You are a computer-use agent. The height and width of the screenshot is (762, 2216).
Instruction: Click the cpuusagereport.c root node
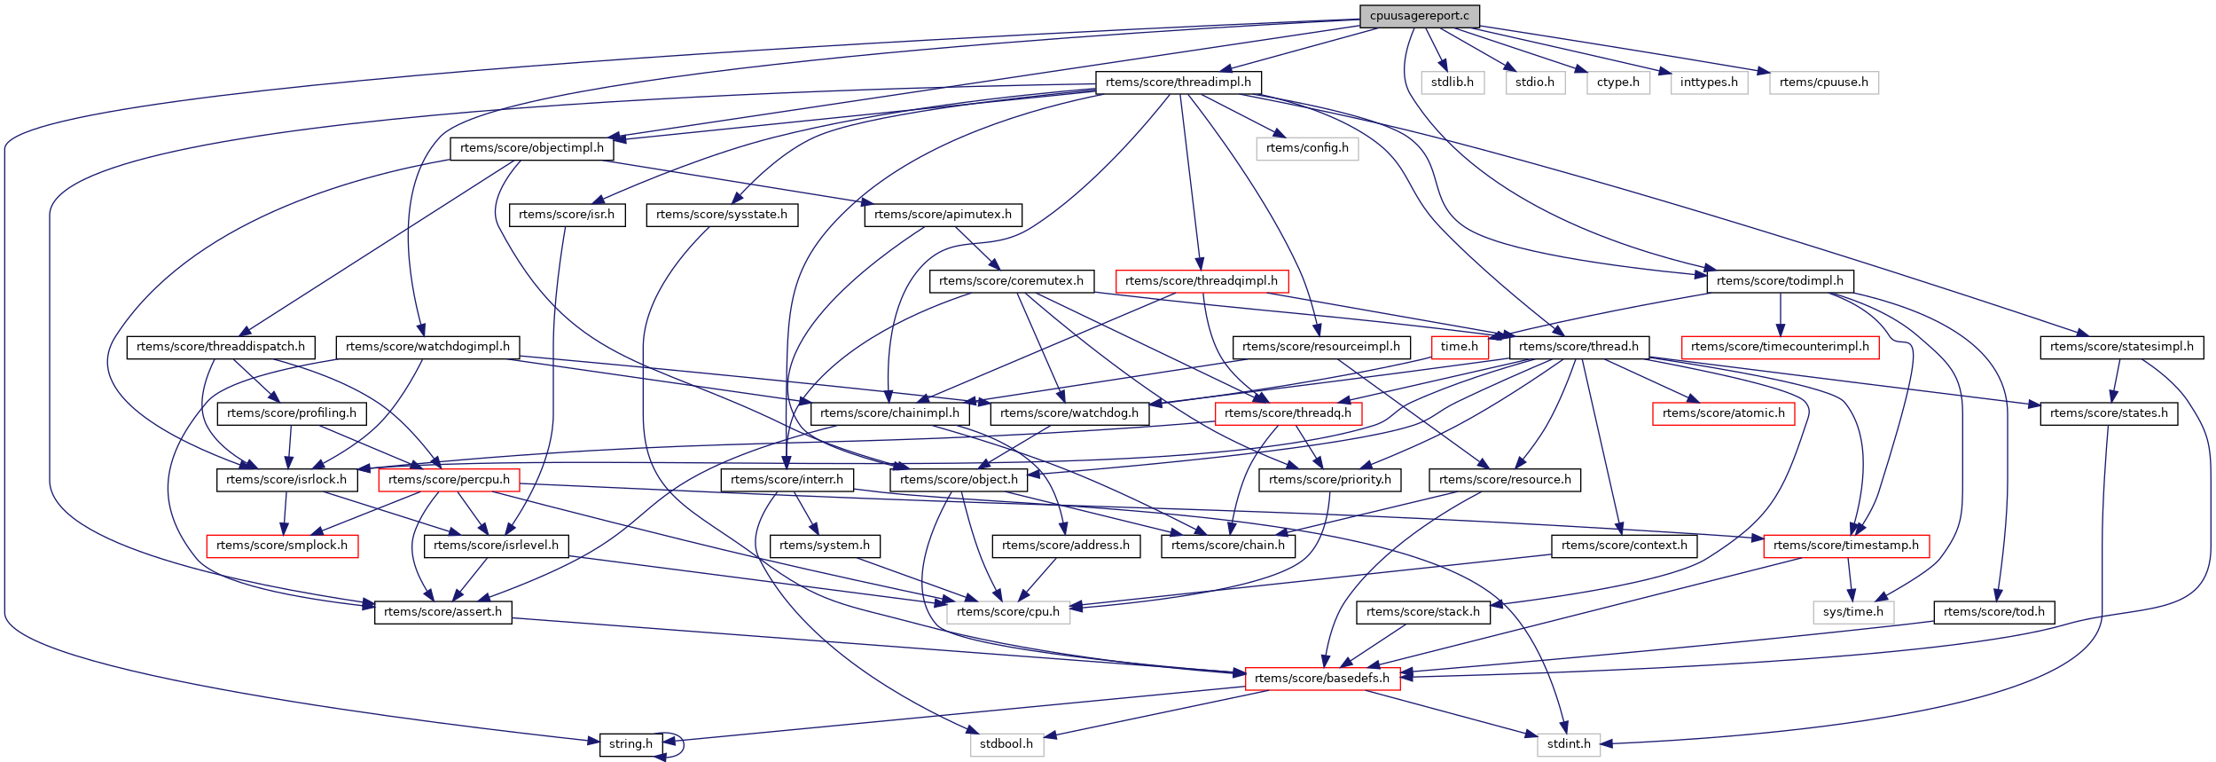(1419, 16)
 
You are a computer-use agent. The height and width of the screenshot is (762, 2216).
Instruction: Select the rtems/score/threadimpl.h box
(1178, 82)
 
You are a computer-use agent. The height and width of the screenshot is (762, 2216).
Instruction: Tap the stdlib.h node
(1453, 82)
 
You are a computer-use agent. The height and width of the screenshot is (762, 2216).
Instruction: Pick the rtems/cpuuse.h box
(1823, 82)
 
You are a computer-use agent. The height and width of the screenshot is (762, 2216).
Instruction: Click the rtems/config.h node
(1307, 148)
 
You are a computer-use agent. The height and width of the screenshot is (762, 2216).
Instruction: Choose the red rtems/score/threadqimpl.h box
(1202, 281)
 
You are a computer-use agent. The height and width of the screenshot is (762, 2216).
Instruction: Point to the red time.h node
(1459, 347)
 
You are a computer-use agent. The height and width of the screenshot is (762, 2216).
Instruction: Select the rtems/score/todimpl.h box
(1780, 281)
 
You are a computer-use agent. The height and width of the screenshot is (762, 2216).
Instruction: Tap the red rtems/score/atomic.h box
(1723, 413)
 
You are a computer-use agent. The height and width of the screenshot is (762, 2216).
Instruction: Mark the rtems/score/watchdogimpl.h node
(427, 347)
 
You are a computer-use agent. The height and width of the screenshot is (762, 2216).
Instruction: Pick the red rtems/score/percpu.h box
(449, 480)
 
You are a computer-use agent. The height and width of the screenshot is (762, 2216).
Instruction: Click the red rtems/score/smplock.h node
(282, 546)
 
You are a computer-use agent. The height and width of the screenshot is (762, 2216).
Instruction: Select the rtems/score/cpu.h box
(1008, 612)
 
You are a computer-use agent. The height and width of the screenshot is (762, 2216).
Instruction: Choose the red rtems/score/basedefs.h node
(1322, 679)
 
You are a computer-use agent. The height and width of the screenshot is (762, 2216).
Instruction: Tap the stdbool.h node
(1006, 744)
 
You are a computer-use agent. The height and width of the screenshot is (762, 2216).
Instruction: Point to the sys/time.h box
(1853, 612)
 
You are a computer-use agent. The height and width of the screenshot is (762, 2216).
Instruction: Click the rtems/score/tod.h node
(1994, 612)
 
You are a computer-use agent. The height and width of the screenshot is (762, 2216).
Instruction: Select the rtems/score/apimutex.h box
(943, 215)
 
